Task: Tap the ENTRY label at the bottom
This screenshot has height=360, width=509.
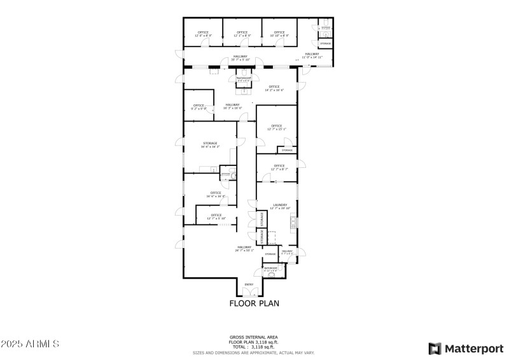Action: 249,284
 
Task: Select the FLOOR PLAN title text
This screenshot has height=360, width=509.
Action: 254,303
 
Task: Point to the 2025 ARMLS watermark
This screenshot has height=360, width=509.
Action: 30,344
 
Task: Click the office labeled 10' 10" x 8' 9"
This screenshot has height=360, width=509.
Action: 279,34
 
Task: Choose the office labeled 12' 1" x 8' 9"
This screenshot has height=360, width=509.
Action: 242,34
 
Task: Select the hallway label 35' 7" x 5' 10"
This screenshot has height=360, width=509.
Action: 241,58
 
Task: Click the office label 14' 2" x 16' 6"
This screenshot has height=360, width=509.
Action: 274,88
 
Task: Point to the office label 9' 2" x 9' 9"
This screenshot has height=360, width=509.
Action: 199,107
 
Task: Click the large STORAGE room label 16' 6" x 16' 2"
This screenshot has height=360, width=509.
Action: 210,145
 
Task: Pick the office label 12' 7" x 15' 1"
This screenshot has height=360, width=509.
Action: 276,128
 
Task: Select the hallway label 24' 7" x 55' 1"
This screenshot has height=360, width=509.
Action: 245,249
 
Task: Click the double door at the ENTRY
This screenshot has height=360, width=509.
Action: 249,293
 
